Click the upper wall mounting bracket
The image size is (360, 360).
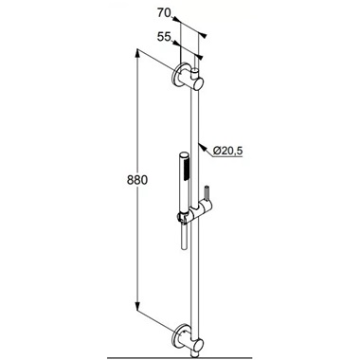point(189,79)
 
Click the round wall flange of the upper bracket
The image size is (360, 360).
point(176,77)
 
